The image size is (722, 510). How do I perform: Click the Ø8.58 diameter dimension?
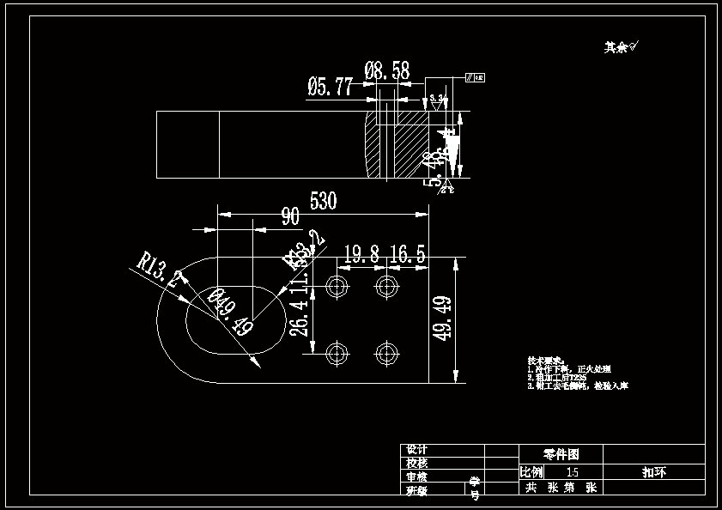(387, 70)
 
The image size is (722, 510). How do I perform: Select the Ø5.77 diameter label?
(331, 86)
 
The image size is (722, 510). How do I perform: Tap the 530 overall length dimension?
(323, 201)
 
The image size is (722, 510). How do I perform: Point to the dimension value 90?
(290, 216)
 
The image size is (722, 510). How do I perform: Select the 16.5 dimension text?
(408, 254)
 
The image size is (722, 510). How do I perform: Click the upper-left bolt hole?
(337, 285)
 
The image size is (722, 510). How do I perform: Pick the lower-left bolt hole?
(337, 351)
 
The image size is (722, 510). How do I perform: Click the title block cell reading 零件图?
(561, 453)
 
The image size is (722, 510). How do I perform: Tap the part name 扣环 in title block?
(654, 471)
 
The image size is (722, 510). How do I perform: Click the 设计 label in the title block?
(416, 450)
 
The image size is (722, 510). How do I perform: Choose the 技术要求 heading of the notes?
(543, 360)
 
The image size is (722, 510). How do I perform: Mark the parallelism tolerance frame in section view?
(475, 78)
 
